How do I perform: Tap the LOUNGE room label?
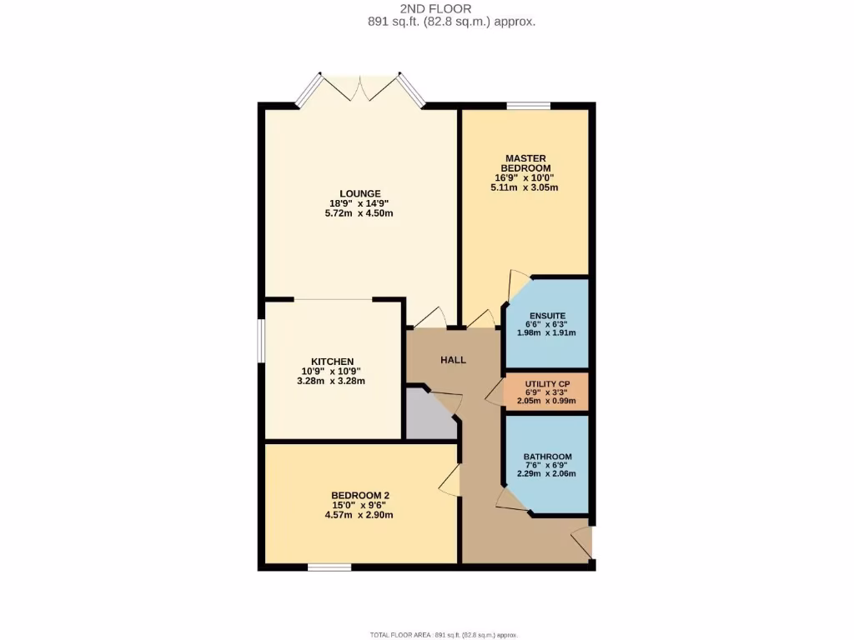click(x=359, y=193)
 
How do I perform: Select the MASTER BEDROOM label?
click(x=525, y=162)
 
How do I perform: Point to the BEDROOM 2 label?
click(x=360, y=495)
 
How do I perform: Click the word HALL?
click(x=453, y=360)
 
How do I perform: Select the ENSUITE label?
click(x=546, y=316)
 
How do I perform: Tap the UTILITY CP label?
click(x=546, y=383)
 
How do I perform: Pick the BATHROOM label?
click(x=547, y=457)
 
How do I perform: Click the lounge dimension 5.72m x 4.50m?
click(x=359, y=213)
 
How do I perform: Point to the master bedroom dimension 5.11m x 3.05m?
click(x=525, y=187)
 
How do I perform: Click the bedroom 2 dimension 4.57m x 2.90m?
click(x=360, y=515)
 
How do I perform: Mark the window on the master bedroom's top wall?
click(x=528, y=106)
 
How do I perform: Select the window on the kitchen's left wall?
click(x=261, y=342)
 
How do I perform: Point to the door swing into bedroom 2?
click(x=450, y=481)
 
